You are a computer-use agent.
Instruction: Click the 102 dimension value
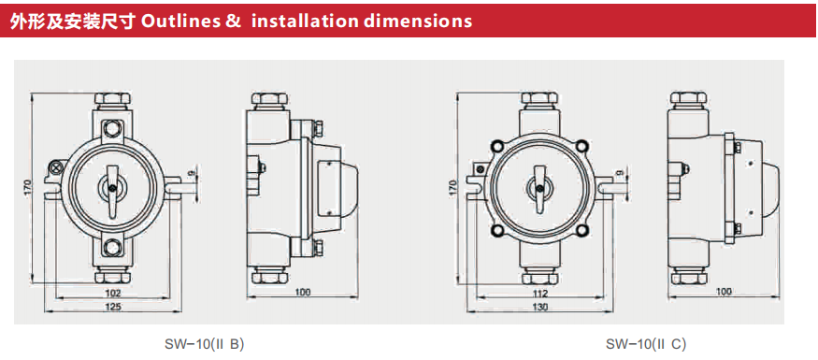113,293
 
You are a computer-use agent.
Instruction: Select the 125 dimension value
113,308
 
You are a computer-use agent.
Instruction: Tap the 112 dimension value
541,293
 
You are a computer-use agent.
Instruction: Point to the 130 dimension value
541,308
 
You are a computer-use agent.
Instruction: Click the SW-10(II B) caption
204,344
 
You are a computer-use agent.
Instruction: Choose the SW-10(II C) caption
646,344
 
